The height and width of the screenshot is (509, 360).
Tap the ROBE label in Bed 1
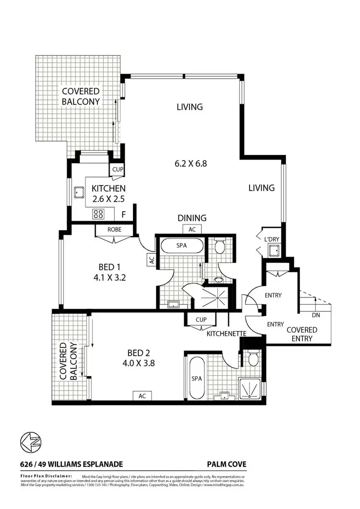[x=114, y=230]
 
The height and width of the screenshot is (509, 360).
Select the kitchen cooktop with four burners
[x=98, y=214]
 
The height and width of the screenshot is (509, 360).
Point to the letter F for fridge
[x=124, y=214]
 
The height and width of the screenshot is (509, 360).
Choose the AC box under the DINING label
[x=192, y=229]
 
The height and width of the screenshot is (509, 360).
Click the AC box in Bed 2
[x=142, y=396]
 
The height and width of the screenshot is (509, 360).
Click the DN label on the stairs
[x=315, y=315]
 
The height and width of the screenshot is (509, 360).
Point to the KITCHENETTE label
[x=227, y=333]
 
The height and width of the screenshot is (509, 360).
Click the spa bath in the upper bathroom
[x=181, y=246]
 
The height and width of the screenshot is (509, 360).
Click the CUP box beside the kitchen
[x=118, y=169]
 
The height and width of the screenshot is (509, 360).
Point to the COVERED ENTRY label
[x=301, y=334]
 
